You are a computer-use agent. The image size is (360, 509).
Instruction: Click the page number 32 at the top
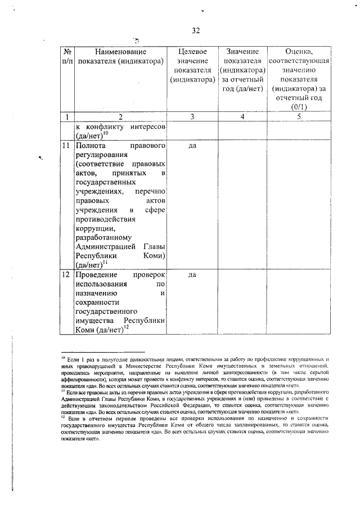click(x=196, y=30)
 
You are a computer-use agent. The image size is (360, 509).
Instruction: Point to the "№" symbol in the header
click(x=66, y=51)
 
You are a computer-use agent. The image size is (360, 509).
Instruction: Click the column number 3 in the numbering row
click(x=192, y=117)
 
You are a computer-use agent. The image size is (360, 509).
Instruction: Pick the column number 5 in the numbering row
click(x=299, y=117)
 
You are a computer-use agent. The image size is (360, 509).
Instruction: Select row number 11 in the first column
click(x=66, y=146)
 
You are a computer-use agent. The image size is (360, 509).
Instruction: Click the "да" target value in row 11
click(x=192, y=146)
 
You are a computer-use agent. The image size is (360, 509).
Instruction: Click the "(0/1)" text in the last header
click(x=299, y=107)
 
